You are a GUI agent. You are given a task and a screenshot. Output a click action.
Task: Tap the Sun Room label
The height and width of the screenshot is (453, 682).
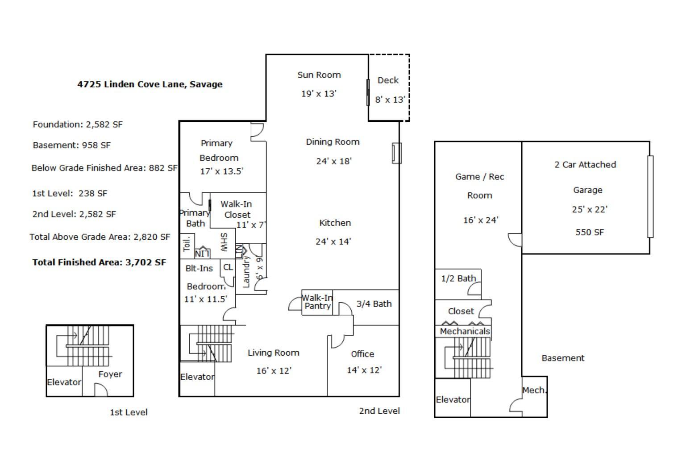[319, 75]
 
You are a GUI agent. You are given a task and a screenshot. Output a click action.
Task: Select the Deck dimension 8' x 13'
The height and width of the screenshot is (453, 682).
[390, 100]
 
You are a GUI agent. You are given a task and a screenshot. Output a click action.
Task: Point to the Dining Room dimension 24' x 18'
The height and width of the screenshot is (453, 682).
[334, 161]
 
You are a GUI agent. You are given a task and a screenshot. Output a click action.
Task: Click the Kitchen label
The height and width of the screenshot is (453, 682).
[335, 223]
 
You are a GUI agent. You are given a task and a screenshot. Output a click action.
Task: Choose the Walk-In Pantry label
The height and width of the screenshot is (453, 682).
[317, 302]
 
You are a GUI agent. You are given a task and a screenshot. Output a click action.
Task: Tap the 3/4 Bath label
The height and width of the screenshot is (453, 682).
[374, 304]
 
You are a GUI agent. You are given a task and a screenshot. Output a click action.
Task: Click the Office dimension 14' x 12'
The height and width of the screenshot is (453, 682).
[364, 370]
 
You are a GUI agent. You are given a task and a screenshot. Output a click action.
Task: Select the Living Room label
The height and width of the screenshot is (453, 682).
[274, 353]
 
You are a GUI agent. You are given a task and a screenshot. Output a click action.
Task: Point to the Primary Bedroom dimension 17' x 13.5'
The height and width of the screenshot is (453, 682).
[222, 171]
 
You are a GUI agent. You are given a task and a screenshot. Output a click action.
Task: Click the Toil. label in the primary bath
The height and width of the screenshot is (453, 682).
[187, 243]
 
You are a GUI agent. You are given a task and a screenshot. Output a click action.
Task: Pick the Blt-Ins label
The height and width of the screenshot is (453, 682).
[199, 268]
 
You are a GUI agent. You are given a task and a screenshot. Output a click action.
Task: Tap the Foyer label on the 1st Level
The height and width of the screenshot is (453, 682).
[110, 374]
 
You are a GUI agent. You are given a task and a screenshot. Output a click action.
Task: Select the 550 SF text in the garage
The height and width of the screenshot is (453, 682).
[590, 232]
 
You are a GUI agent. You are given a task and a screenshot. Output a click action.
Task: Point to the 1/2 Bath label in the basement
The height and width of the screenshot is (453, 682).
[458, 278]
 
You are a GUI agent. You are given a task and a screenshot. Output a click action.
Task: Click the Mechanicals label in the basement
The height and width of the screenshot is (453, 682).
[465, 331]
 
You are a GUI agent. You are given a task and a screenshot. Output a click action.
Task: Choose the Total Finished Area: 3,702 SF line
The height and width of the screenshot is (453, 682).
[99, 262]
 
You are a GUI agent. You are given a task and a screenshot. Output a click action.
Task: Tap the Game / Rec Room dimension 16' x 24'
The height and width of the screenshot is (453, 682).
[481, 220]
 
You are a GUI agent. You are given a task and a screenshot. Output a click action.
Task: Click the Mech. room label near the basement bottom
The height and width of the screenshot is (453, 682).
[534, 390]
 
